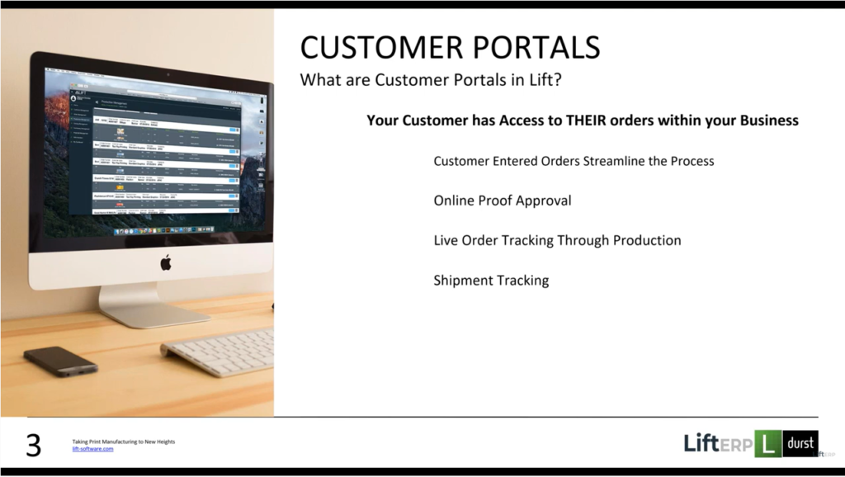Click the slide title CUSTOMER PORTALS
pos(450,47)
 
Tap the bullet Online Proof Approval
pos(502,201)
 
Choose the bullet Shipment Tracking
pos(491,281)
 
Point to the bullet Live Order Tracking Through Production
pos(557,241)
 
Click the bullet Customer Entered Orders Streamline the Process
pos(574,161)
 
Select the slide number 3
pos(33,446)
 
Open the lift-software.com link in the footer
pos(92,449)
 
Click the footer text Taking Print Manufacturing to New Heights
pos(123,442)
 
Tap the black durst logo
pos(800,444)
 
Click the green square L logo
pos(767,444)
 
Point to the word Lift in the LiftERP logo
pos(701,444)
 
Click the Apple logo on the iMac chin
pos(165,263)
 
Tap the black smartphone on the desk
pos(60,361)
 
